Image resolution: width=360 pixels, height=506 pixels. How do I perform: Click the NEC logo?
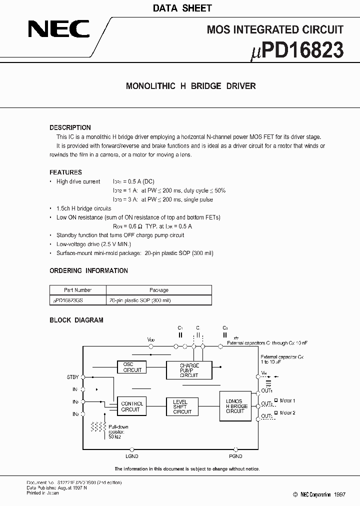click(58, 29)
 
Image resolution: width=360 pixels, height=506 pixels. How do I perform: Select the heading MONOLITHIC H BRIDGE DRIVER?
click(190, 86)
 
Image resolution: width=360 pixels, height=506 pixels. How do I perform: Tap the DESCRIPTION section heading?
click(70, 127)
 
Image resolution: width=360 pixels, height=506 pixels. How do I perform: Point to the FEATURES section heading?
click(65, 172)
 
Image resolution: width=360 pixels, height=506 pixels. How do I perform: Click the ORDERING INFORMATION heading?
click(88, 270)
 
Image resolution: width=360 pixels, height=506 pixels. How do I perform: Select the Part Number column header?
click(77, 290)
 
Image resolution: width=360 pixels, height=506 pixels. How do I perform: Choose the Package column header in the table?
click(159, 290)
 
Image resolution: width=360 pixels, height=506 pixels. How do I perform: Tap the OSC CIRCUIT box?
click(132, 367)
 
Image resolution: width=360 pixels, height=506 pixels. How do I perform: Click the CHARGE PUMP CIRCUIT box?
click(189, 370)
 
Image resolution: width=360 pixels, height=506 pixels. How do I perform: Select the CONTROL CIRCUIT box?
click(131, 406)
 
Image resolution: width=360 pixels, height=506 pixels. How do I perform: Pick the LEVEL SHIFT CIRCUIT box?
click(182, 406)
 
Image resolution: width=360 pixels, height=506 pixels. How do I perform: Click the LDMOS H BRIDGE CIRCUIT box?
click(237, 405)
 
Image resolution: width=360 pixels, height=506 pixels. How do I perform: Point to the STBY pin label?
click(72, 377)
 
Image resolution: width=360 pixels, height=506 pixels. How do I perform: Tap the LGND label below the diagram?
click(131, 456)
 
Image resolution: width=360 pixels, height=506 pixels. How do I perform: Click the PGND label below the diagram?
click(235, 456)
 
